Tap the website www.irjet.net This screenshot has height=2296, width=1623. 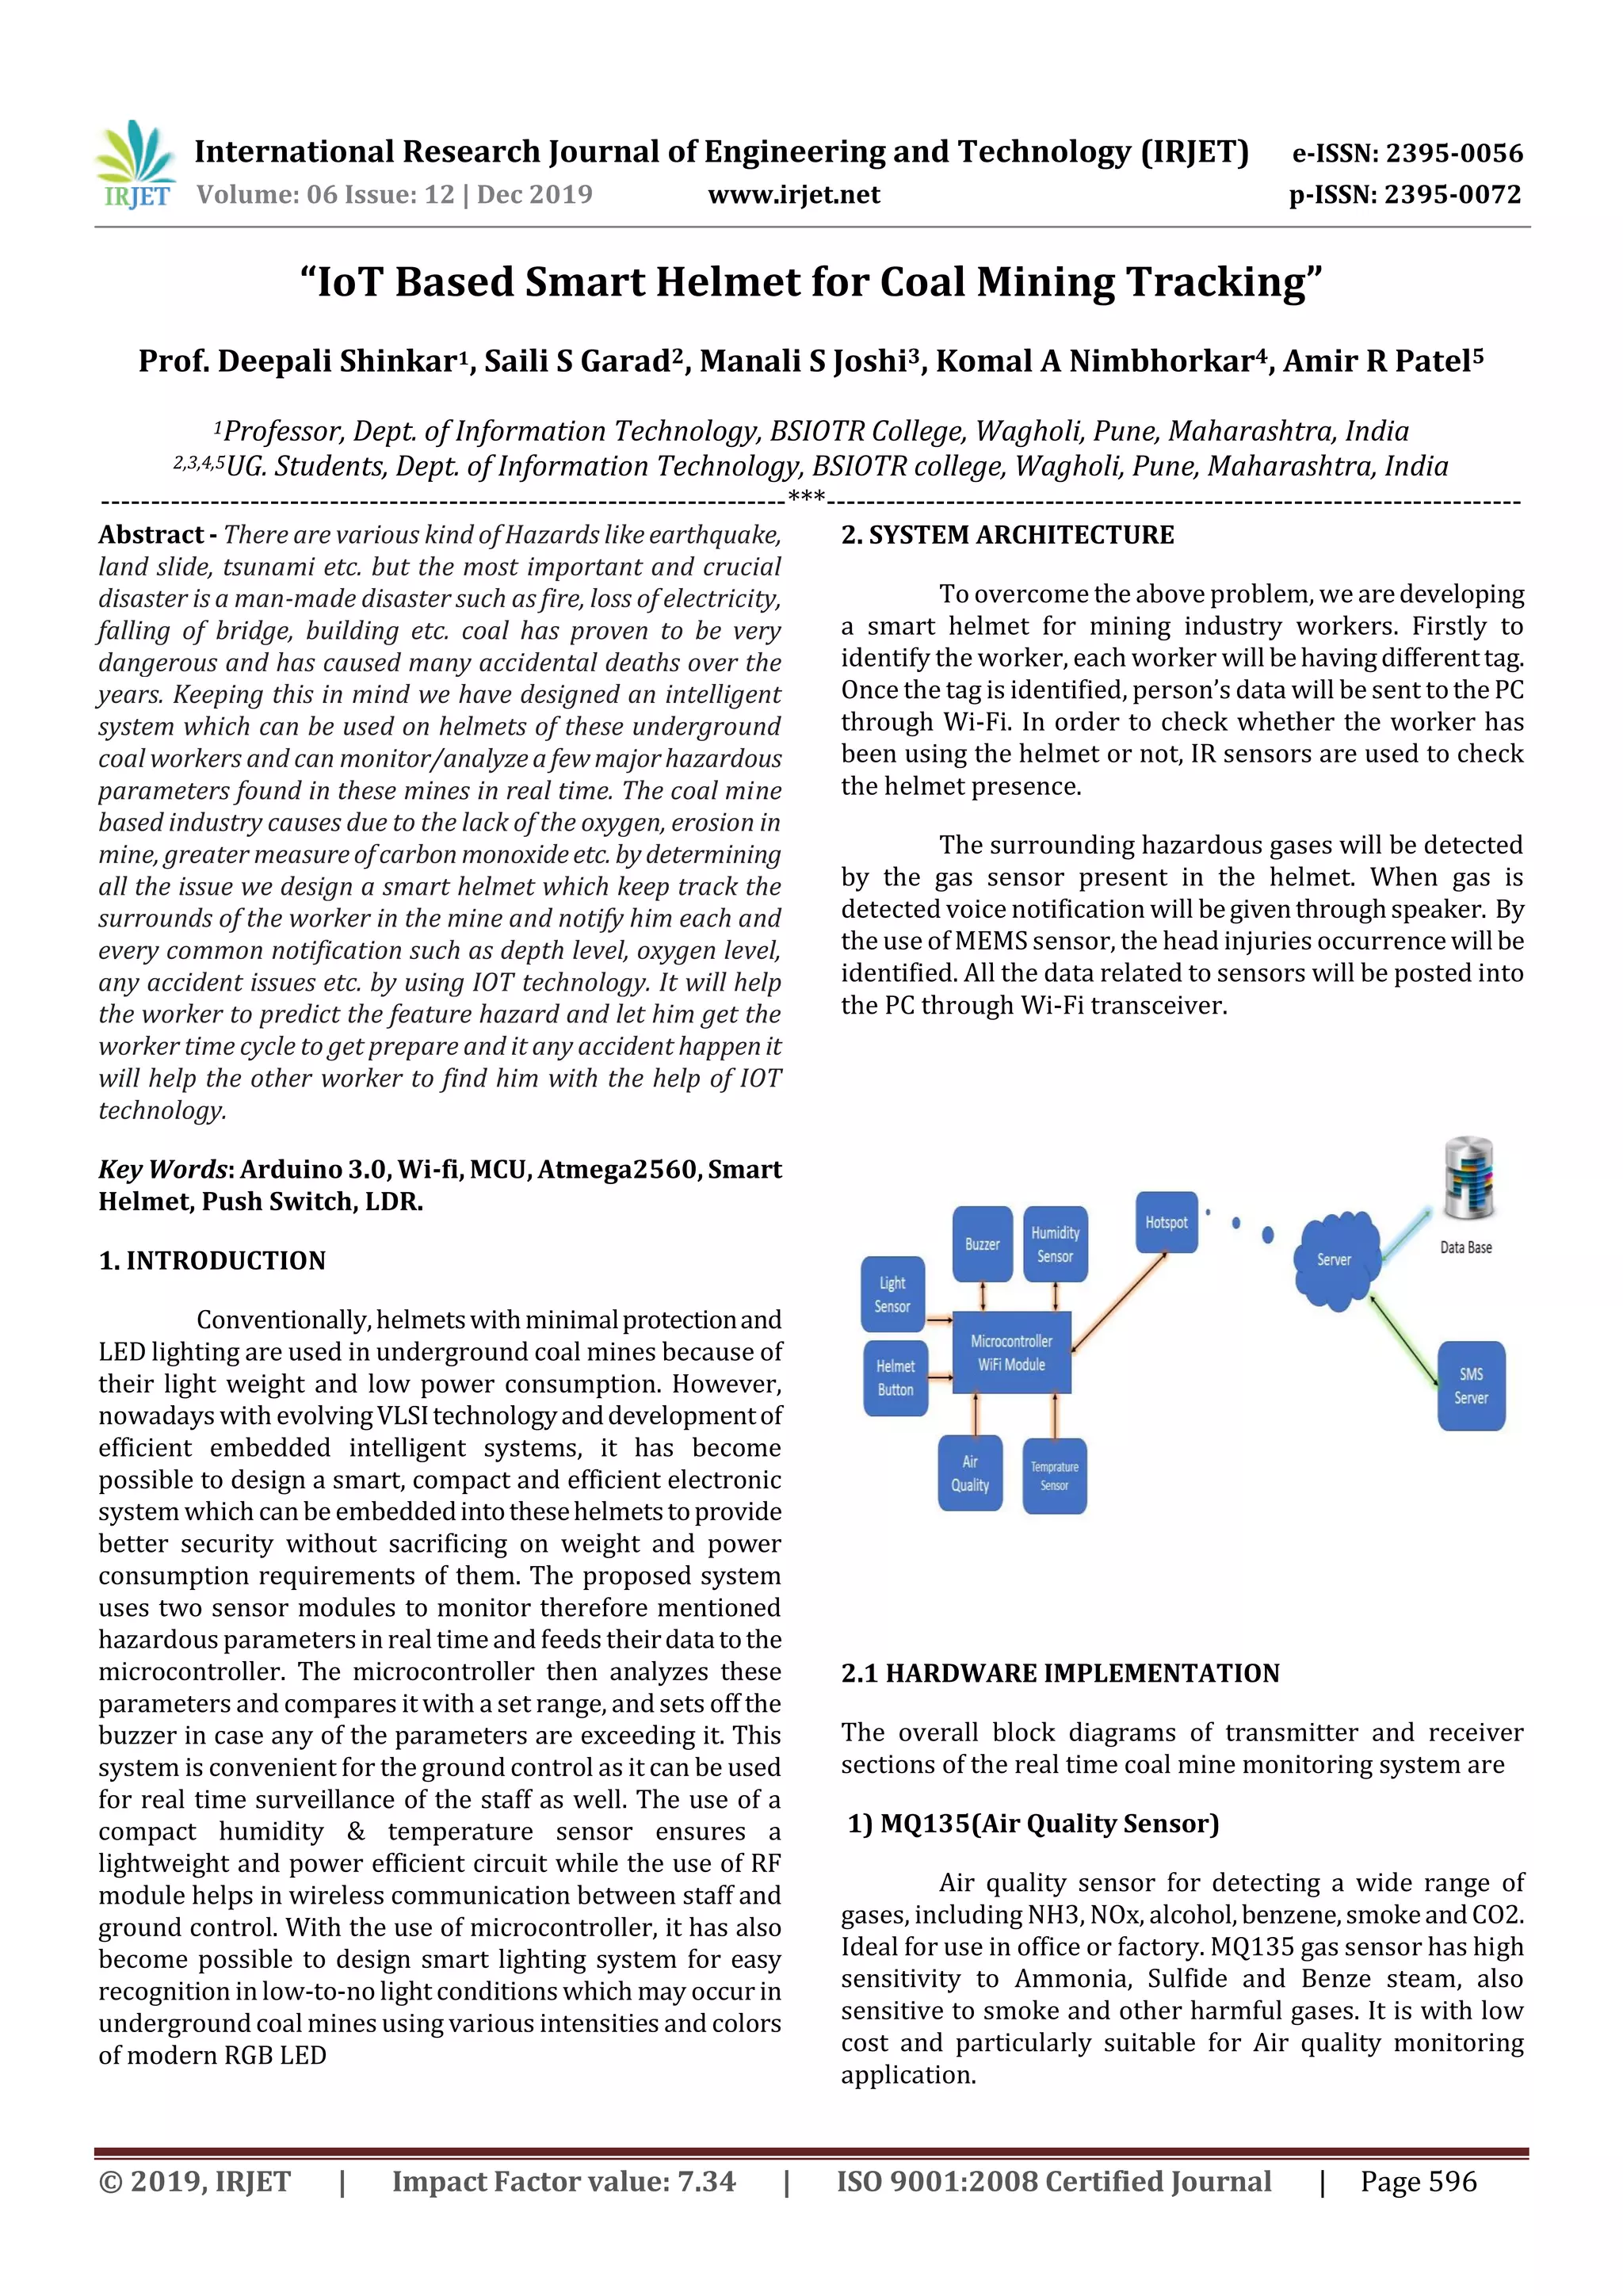[793, 194]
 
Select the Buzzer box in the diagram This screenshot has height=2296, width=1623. [981, 1243]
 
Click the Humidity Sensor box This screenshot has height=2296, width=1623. [1055, 1243]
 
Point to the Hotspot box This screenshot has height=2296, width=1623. [1166, 1221]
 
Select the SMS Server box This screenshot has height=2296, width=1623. [1470, 1385]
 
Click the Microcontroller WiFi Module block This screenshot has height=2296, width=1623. [1011, 1352]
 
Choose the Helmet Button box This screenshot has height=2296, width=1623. [895, 1377]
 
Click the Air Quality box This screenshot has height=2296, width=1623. [969, 1473]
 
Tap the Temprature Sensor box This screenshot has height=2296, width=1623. [1054, 1475]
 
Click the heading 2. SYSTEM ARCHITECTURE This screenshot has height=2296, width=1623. [1007, 535]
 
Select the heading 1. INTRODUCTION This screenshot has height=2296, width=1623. [212, 1260]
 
